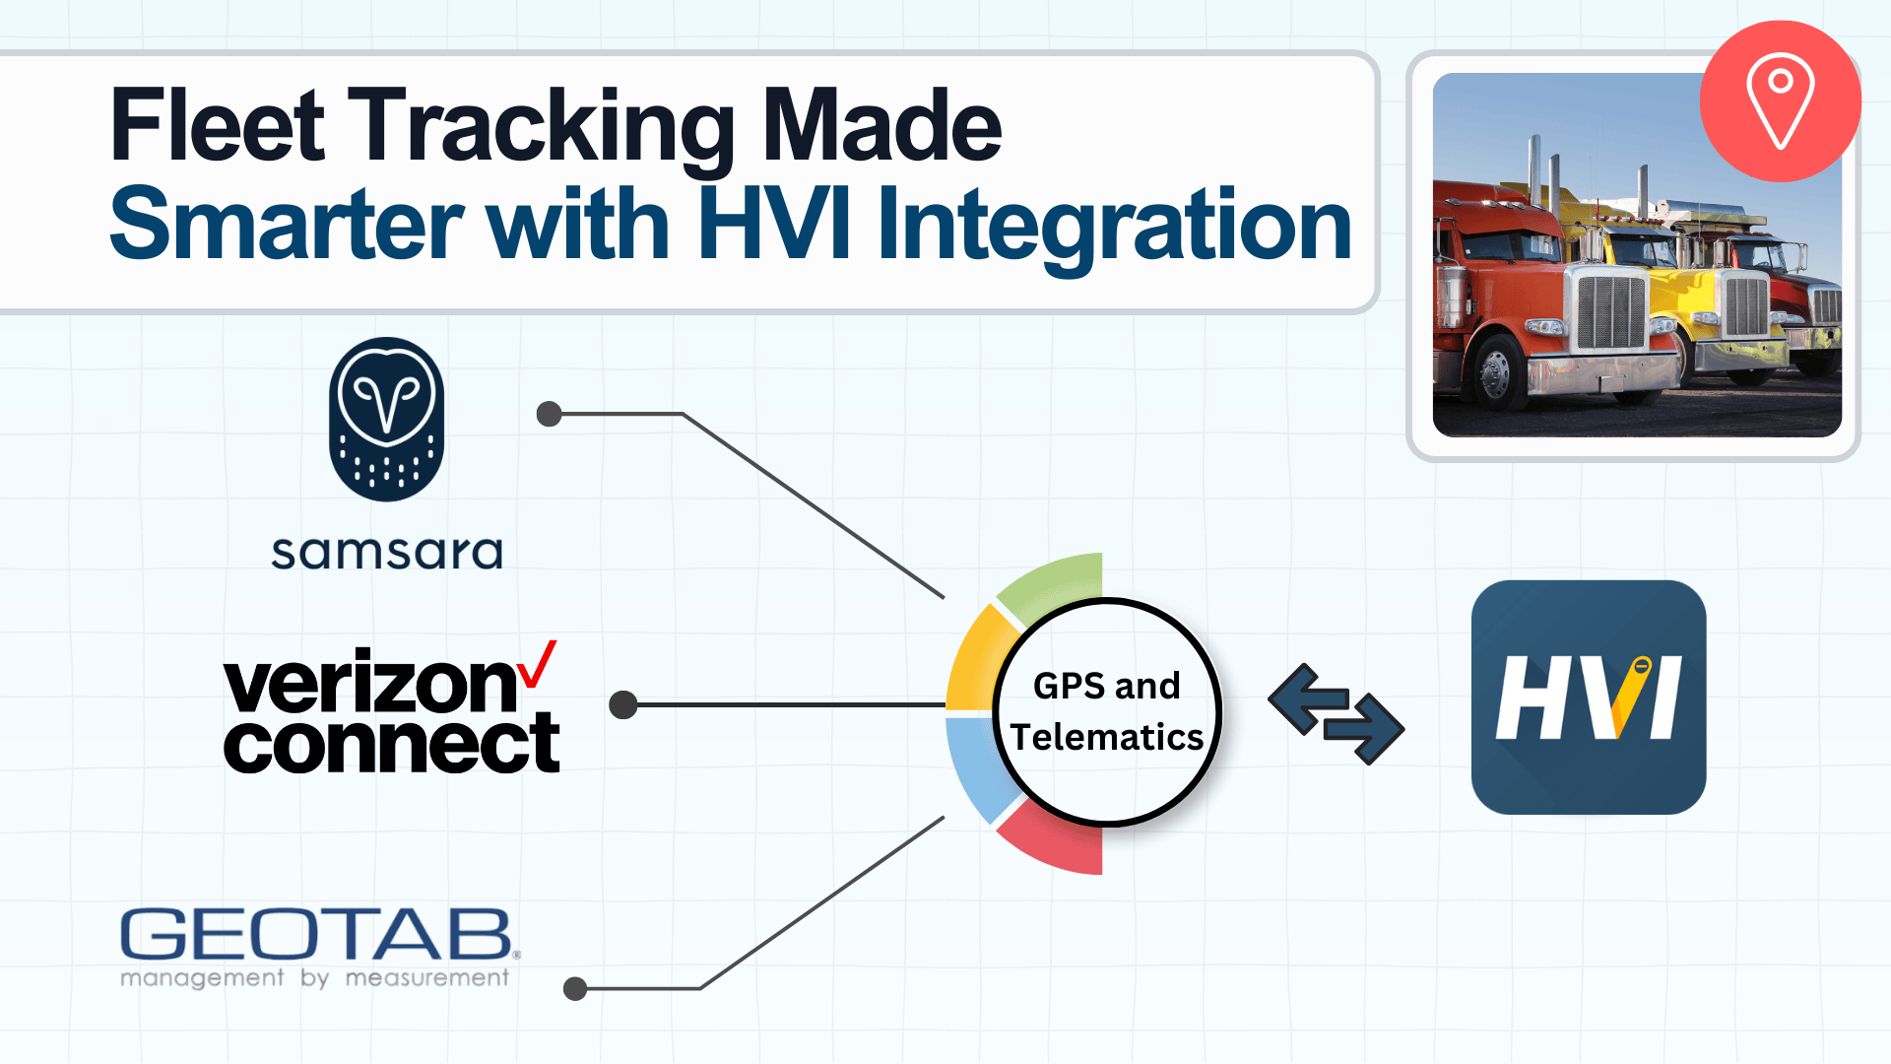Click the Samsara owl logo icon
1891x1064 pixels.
coord(386,419)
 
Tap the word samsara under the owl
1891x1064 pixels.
coord(386,553)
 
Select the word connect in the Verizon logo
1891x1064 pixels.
coord(391,745)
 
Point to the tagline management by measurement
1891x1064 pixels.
coord(315,978)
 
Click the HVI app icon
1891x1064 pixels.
coord(1588,697)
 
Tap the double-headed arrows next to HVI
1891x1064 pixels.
coord(1336,714)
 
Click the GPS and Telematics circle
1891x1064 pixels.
coord(1107,711)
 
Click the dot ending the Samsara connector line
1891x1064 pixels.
coord(549,414)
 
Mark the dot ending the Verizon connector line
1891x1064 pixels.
coord(623,704)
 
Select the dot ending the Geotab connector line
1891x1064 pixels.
coord(575,988)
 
